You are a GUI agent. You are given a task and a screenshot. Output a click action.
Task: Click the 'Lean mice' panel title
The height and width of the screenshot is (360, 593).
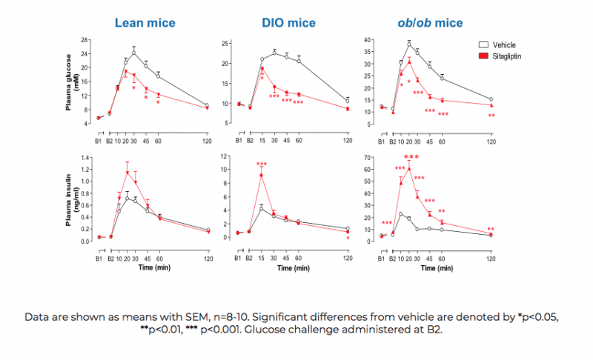click(x=145, y=23)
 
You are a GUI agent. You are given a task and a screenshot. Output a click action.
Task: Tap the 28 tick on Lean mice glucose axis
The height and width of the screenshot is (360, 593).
click(x=85, y=40)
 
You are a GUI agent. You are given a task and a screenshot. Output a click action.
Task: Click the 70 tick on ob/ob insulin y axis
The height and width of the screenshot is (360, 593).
click(x=370, y=158)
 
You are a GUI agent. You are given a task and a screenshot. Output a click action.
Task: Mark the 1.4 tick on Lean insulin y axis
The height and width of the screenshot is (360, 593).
click(x=83, y=158)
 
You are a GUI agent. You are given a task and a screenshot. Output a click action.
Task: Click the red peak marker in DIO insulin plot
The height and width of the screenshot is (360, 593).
click(x=262, y=175)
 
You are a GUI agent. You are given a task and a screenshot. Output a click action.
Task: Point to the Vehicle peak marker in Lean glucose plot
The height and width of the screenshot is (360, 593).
click(x=134, y=53)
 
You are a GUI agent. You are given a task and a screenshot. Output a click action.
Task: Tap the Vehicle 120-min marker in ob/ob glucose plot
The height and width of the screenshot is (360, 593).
click(x=491, y=99)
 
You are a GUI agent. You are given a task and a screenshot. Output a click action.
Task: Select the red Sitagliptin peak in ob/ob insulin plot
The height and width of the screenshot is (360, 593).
click(x=408, y=169)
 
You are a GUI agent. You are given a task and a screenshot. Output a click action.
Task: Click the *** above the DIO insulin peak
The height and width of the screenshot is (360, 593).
click(x=262, y=164)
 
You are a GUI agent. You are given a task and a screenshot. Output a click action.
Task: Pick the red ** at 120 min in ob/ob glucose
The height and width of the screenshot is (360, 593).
click(x=491, y=116)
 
